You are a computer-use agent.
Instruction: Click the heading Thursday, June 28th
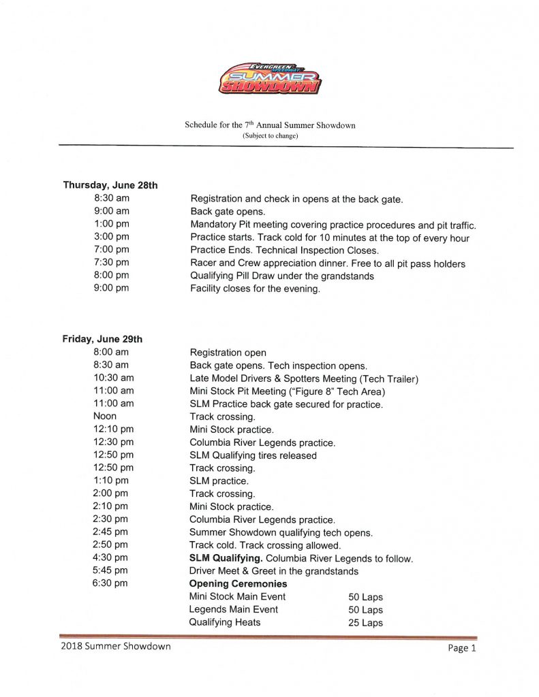pos(110,185)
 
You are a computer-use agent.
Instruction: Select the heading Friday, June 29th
pos(102,339)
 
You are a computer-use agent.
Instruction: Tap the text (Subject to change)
pos(270,135)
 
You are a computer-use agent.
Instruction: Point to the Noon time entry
pos(105,416)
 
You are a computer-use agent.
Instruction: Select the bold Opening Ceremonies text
pos(238,584)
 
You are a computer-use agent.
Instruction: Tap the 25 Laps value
pos(365,623)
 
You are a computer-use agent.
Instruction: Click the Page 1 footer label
pos(462,649)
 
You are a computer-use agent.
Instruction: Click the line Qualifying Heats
pos(224,623)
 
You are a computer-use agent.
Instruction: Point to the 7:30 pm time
pos(111,263)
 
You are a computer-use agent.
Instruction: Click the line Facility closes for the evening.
pos(255,289)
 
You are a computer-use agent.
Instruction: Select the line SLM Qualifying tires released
pos(253,455)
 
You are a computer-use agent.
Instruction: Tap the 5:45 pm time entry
pos(110,571)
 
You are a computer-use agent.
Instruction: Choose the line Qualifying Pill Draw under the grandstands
pos(273,276)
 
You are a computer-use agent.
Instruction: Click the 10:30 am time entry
pos(113,378)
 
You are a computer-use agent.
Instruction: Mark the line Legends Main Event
pos(233,610)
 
